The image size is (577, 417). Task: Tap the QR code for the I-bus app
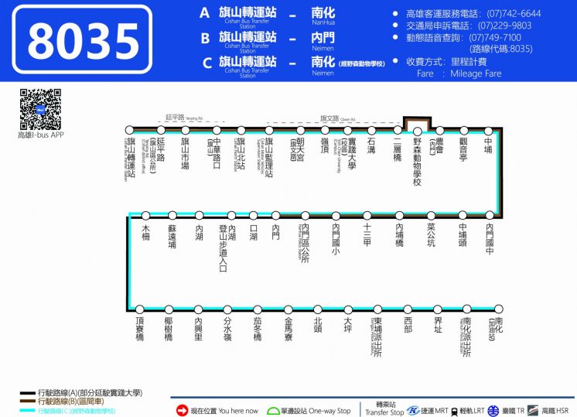[x=40, y=110]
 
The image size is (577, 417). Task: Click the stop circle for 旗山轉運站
[x=130, y=131]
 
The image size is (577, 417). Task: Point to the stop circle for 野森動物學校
[x=417, y=131]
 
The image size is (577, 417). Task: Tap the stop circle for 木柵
[x=145, y=216]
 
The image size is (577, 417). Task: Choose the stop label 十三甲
[x=367, y=234]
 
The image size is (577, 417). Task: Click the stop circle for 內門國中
[x=489, y=216]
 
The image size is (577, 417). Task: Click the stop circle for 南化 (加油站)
[x=498, y=309]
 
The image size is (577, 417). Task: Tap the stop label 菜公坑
[x=432, y=236]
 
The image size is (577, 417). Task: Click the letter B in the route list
[x=205, y=37]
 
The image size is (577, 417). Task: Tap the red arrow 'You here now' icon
[x=183, y=410]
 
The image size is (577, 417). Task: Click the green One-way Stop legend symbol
[x=273, y=410]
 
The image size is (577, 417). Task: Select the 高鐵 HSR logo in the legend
[x=534, y=410]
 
